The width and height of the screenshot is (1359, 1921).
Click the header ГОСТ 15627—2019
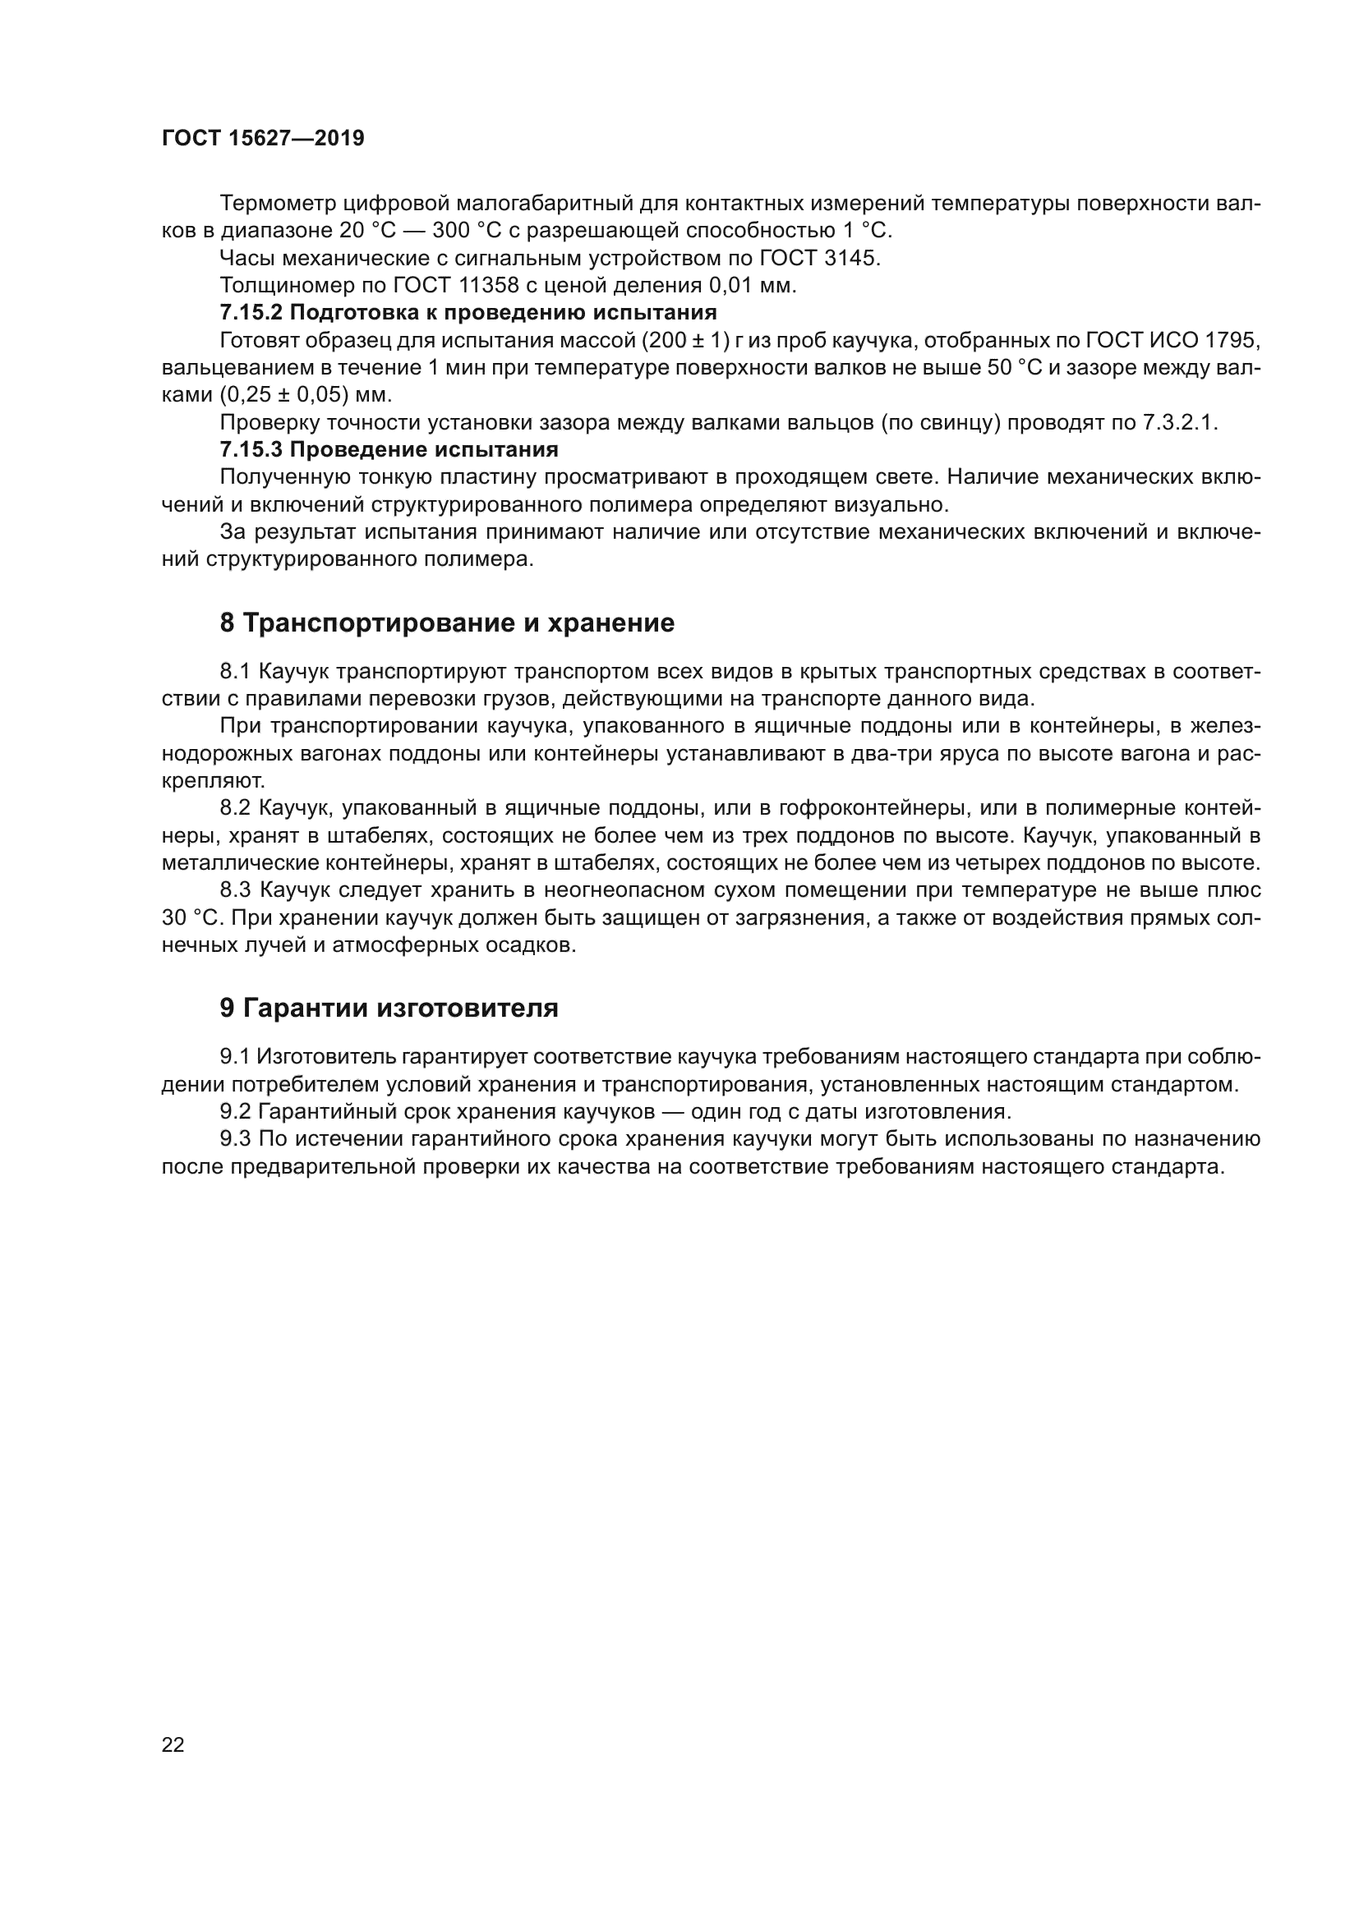[263, 139]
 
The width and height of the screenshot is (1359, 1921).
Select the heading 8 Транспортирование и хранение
[447, 623]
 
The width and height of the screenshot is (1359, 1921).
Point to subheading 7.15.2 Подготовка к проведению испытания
[468, 313]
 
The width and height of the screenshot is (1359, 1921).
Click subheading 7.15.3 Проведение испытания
[389, 450]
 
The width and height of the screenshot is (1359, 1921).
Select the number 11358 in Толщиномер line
[489, 285]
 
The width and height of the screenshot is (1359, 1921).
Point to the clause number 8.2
[235, 807]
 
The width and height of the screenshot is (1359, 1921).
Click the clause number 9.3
[235, 1138]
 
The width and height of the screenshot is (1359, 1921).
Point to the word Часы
[245, 258]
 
